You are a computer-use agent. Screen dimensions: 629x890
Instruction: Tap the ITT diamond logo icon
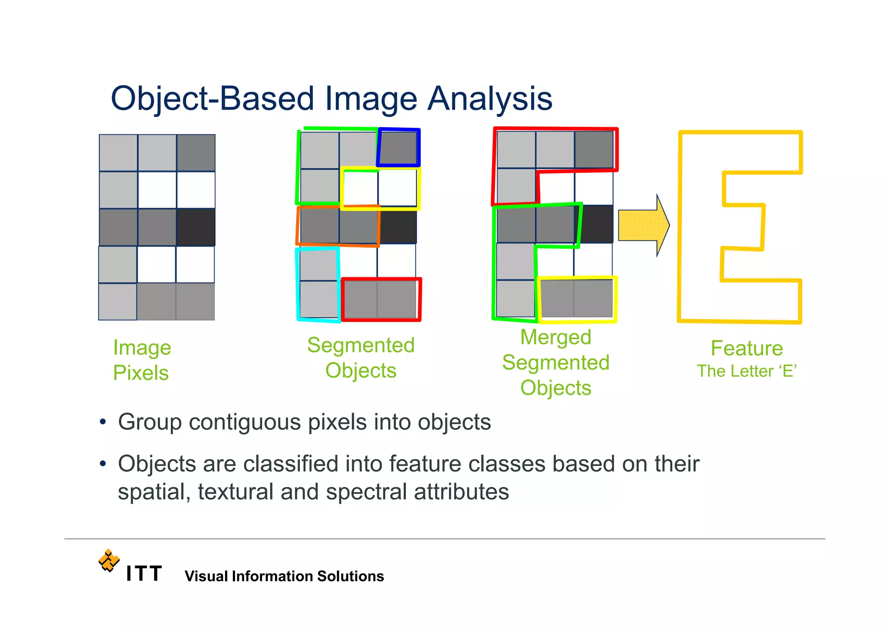(x=109, y=560)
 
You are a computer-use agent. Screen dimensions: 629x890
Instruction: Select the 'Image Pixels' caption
(x=142, y=360)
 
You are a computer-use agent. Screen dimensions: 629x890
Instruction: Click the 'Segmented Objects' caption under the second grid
(x=361, y=358)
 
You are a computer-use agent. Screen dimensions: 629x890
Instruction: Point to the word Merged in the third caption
(x=555, y=337)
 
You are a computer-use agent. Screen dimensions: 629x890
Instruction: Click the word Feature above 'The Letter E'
(x=747, y=348)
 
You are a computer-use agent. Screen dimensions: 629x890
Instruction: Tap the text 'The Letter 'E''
(x=747, y=371)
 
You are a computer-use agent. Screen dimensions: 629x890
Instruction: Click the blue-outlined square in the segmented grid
(x=399, y=148)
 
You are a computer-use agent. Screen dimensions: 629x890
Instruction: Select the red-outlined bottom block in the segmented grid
(x=381, y=300)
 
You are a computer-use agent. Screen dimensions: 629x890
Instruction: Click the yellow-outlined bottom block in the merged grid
(x=577, y=300)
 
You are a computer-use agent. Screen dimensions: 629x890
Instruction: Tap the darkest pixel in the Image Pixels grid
(x=196, y=227)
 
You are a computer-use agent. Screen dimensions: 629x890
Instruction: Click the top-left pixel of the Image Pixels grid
(x=119, y=153)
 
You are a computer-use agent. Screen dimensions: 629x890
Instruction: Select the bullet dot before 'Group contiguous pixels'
(x=103, y=422)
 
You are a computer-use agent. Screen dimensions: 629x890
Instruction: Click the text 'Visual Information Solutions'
(x=284, y=576)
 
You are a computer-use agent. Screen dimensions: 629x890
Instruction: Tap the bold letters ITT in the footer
(x=144, y=574)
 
